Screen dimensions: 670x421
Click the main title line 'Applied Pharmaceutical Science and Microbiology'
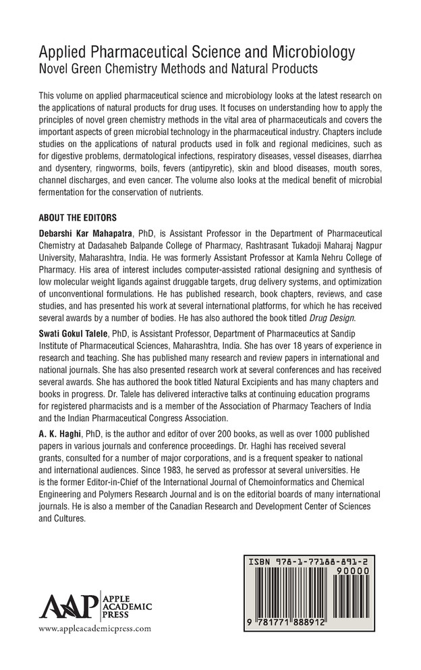[x=198, y=52]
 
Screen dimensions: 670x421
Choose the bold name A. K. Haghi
[x=55, y=445]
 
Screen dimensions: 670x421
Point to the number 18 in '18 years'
[x=278, y=352]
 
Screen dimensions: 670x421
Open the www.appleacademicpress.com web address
[x=96, y=629]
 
